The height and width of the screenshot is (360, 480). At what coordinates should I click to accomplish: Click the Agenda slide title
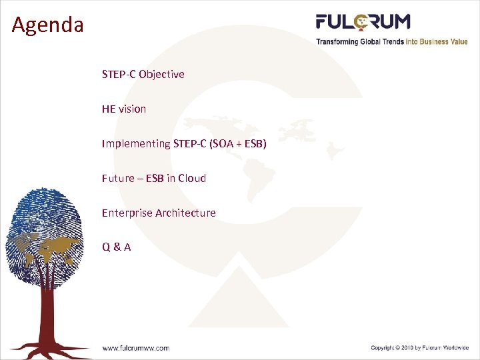point(48,25)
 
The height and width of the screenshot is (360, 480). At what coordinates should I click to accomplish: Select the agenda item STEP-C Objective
point(143,74)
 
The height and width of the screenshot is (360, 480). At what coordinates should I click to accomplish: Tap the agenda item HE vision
point(124,109)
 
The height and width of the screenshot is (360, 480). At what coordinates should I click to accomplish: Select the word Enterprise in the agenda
point(127,213)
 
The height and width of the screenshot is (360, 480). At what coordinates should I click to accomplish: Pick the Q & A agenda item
point(116,247)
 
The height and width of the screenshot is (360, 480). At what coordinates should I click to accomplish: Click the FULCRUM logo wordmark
point(363,22)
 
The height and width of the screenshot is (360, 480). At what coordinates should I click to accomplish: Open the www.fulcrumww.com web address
point(135,347)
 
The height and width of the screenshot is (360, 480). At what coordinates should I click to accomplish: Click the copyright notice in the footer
point(420,347)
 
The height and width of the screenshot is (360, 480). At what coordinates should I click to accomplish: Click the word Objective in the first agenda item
point(161,74)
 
